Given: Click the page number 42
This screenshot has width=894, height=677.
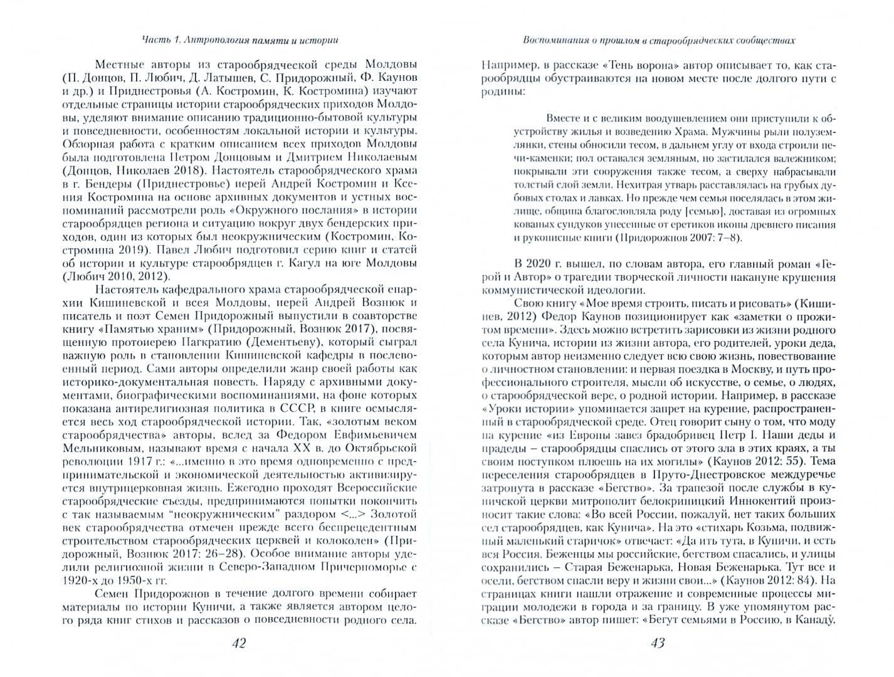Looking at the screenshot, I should tap(239, 643).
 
